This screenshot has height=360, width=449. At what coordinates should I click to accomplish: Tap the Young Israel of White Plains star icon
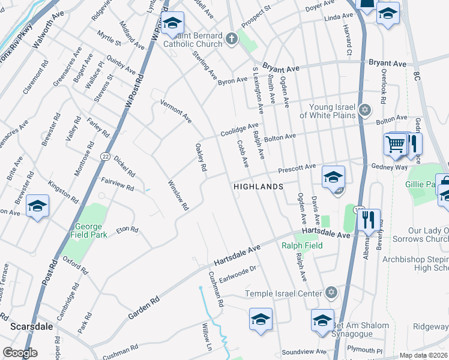pos(366,110)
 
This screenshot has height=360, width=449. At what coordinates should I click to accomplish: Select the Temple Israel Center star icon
pos(330,293)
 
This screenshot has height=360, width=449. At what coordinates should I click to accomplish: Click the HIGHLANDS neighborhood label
pos(258,187)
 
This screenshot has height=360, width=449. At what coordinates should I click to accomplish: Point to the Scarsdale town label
pos(31,326)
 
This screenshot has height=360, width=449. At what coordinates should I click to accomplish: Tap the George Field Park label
pos(91,230)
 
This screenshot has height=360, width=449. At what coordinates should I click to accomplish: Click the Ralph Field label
pos(302,245)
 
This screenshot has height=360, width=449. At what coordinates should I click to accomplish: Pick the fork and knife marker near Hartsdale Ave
pos(369,220)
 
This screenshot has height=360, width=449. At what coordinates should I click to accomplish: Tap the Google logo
pos(20,353)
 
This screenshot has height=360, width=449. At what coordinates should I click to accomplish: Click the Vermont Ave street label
pos(175,112)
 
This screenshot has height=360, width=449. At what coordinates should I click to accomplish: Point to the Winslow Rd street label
pos(178,195)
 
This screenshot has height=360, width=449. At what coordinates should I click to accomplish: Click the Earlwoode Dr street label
pos(237,272)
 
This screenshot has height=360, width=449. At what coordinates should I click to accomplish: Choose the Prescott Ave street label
pos(297,167)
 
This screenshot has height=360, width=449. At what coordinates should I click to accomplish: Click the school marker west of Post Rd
pos(37,206)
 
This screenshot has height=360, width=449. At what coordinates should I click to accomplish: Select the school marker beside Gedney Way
pos(333,177)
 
